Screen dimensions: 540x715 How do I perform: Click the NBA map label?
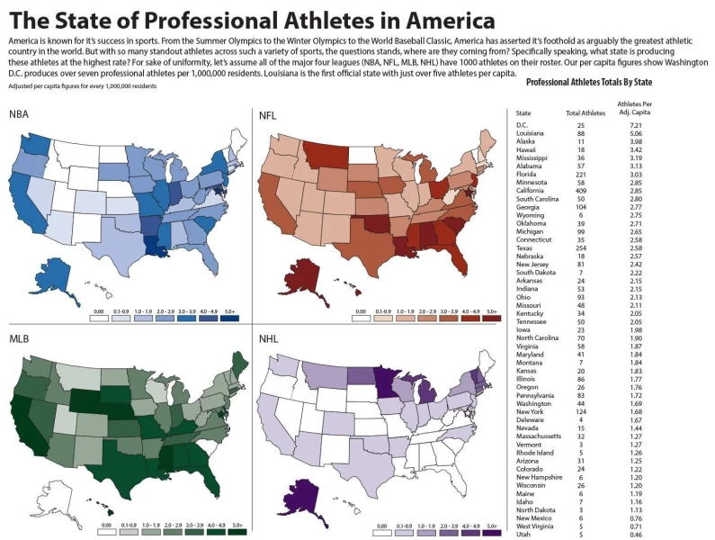pos(20,114)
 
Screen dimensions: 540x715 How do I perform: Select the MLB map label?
pos(20,338)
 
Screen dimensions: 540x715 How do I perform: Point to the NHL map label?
pos(268,340)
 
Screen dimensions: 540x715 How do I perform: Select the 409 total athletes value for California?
pos(580,191)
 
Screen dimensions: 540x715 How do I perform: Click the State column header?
pos(523,112)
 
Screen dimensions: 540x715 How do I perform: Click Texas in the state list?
pos(523,248)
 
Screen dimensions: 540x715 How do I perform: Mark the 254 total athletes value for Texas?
pos(580,248)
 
